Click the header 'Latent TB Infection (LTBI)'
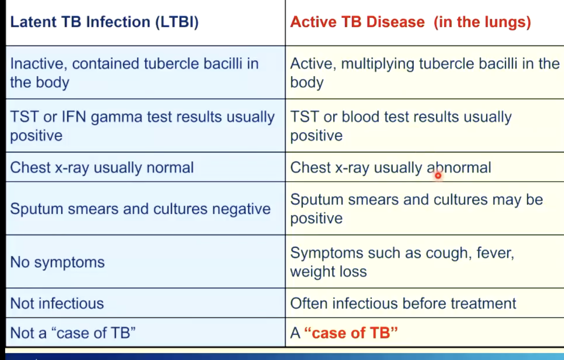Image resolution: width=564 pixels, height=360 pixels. [x=104, y=22]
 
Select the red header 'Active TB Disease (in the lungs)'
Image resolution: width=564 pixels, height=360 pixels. [x=411, y=22]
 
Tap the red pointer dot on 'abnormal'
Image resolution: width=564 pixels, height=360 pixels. [x=438, y=175]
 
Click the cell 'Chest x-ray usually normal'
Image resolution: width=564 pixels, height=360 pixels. [x=102, y=167]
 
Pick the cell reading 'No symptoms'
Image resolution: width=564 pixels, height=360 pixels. [x=57, y=262]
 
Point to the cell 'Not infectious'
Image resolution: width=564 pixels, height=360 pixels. [x=57, y=303]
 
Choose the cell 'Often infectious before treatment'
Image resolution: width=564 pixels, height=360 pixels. [x=403, y=303]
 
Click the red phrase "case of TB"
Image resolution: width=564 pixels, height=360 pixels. [x=351, y=333]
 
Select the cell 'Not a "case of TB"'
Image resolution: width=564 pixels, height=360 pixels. [x=73, y=333]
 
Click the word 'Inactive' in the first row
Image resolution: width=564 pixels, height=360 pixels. [x=39, y=64]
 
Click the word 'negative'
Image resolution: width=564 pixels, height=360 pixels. [x=241, y=209]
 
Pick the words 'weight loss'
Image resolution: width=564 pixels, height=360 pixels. [x=328, y=272]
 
